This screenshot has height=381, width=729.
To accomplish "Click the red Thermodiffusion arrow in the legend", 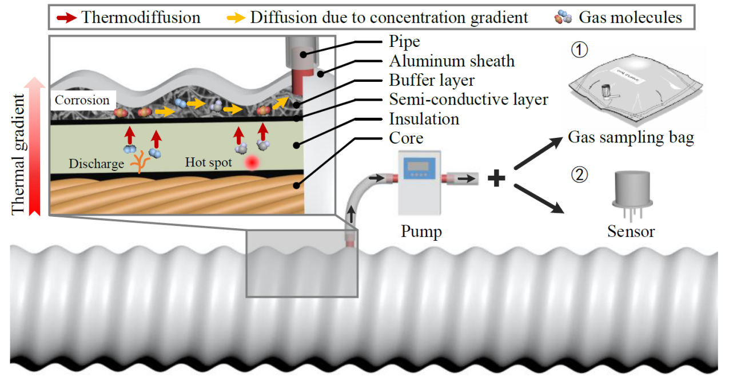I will pyautogui.click(x=67, y=17).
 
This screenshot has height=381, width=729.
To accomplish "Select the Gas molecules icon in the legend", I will pyautogui.click(x=563, y=17).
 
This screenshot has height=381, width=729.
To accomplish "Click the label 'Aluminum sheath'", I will pyautogui.click(x=452, y=61).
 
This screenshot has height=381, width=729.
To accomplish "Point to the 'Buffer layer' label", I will pyautogui.click(x=432, y=80).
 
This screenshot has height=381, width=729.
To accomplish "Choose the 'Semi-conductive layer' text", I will pyautogui.click(x=468, y=100).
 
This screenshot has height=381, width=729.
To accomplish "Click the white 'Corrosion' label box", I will pyautogui.click(x=82, y=100).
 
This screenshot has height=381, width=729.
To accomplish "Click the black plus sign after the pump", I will pyautogui.click(x=497, y=179).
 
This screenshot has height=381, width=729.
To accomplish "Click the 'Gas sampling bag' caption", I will pyautogui.click(x=631, y=138).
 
